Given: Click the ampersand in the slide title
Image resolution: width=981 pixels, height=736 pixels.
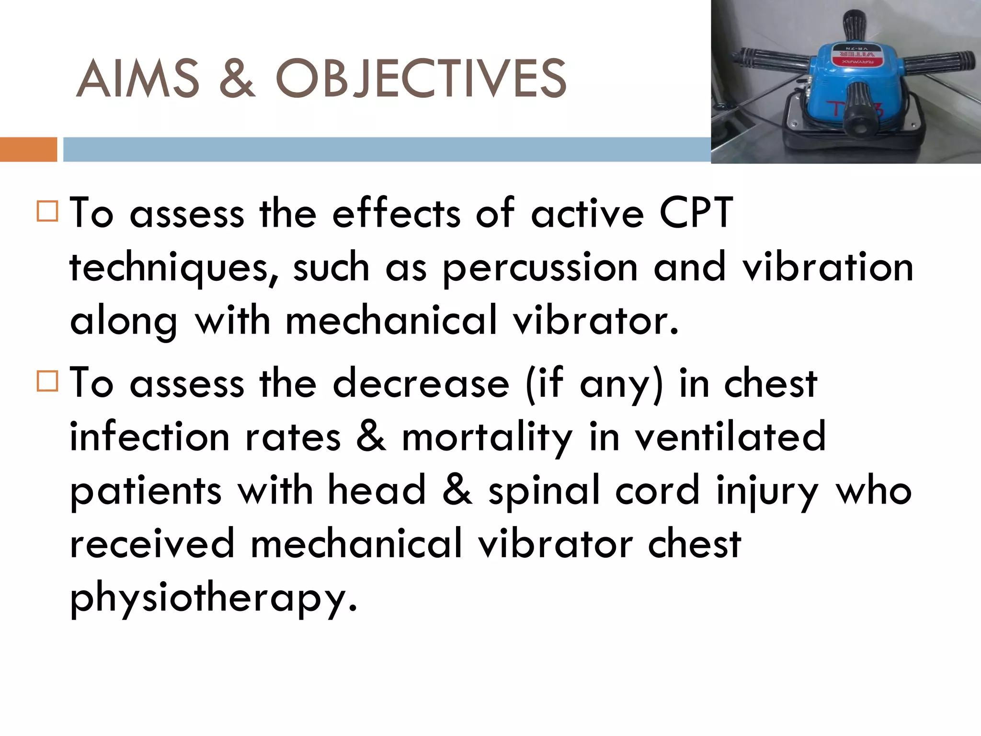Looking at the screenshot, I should point(237,78).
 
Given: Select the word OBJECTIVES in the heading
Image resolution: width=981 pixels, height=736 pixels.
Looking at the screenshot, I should point(421,78).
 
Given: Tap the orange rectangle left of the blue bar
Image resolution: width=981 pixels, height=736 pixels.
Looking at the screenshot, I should point(28,149).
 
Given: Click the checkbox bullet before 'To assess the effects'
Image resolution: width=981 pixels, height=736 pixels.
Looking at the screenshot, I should point(47,211).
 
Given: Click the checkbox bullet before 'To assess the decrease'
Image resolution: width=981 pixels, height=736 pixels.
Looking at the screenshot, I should point(47,381).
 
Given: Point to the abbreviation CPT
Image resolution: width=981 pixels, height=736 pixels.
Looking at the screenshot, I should point(696,212).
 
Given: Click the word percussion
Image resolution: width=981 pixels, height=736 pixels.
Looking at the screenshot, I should point(540,267).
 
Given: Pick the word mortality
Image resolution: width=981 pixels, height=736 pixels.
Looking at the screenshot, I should point(487,438).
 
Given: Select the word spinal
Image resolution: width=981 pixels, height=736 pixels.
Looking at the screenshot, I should point(544,492).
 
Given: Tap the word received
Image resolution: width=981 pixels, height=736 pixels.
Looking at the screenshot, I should point(152,544).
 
